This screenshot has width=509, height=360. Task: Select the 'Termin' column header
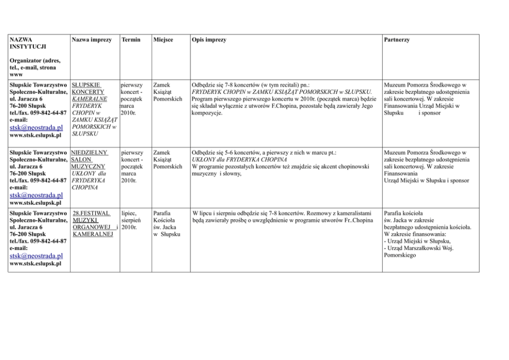tap(131, 40)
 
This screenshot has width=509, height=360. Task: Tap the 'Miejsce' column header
tap(163, 40)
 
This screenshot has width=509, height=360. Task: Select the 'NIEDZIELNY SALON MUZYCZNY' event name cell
tap(89, 159)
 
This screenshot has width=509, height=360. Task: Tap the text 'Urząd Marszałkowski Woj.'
tap(419, 248)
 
